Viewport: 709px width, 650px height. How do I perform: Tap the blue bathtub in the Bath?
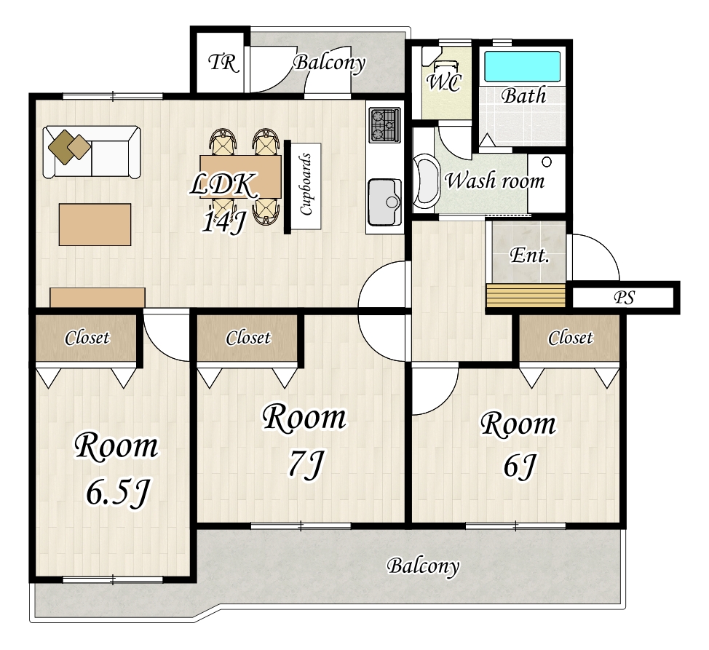pyautogui.click(x=522, y=66)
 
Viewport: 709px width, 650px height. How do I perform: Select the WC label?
pyautogui.click(x=444, y=82)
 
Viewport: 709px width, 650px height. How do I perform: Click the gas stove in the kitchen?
pyautogui.click(x=385, y=124)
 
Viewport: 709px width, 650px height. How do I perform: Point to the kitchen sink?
pyautogui.click(x=384, y=202)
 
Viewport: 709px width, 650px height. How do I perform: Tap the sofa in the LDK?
pyautogui.click(x=92, y=152)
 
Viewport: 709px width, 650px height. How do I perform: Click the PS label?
pyautogui.click(x=625, y=298)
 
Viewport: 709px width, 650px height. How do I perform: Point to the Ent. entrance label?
pyautogui.click(x=529, y=255)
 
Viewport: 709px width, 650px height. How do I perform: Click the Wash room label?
pyautogui.click(x=495, y=181)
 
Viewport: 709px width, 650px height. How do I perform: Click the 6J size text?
pyautogui.click(x=520, y=466)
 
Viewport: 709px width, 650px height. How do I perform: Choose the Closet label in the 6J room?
pyautogui.click(x=570, y=338)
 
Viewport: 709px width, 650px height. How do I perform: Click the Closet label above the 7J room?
pyautogui.click(x=248, y=338)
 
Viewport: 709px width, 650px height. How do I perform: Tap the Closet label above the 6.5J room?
pyautogui.click(x=87, y=338)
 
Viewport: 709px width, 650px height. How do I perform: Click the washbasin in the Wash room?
pyautogui.click(x=427, y=181)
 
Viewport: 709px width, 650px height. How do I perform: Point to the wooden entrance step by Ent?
pyautogui.click(x=526, y=296)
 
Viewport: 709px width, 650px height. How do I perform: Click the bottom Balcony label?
pyautogui.click(x=423, y=566)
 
